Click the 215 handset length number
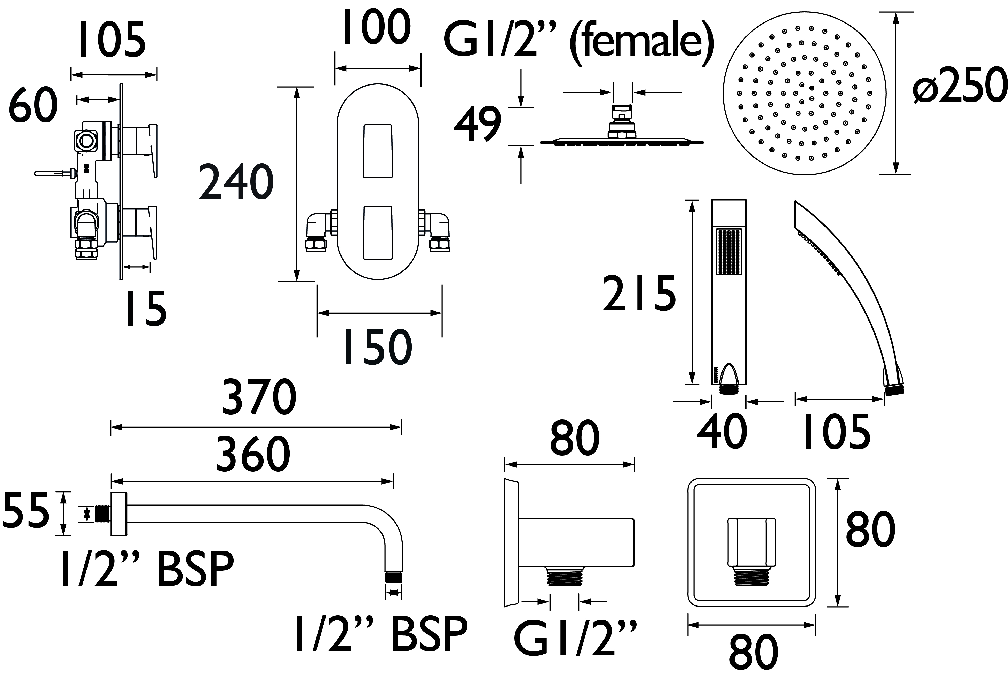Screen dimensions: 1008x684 tap(639, 293)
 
